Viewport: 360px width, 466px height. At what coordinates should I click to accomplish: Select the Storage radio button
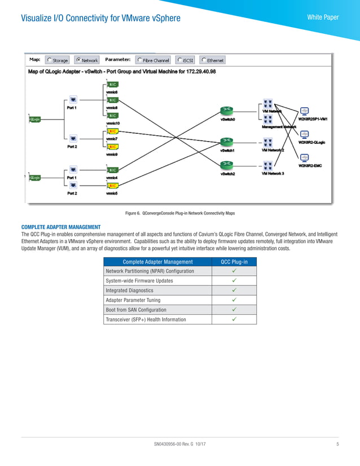50,60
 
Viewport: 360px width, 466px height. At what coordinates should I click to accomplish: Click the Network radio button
78,60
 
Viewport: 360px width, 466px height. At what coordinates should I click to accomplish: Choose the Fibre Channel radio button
139,60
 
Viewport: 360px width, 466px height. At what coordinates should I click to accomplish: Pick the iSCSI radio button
179,60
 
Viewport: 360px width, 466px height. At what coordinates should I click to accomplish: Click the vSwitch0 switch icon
226,109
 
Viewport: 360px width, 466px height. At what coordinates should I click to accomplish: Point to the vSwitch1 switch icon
226,140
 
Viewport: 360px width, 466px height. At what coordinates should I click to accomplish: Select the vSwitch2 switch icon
226,164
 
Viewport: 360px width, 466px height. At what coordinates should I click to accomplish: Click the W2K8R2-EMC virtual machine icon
304,159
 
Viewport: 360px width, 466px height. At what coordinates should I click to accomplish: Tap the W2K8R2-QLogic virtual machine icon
304,134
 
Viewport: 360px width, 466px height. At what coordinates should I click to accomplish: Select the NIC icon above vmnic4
112,170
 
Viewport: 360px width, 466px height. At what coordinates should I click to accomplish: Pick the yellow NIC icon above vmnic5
112,186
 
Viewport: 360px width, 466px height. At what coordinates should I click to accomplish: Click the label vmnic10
112,123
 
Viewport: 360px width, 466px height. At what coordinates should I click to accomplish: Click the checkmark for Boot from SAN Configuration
234,310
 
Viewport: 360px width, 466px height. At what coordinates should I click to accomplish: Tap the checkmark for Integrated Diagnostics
234,290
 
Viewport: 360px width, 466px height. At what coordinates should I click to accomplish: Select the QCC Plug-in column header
234,261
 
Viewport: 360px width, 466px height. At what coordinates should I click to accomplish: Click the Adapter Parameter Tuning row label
133,300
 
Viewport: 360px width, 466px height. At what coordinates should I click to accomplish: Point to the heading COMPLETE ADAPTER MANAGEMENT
60,227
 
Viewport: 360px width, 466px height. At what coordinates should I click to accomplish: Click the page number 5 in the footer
337,445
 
